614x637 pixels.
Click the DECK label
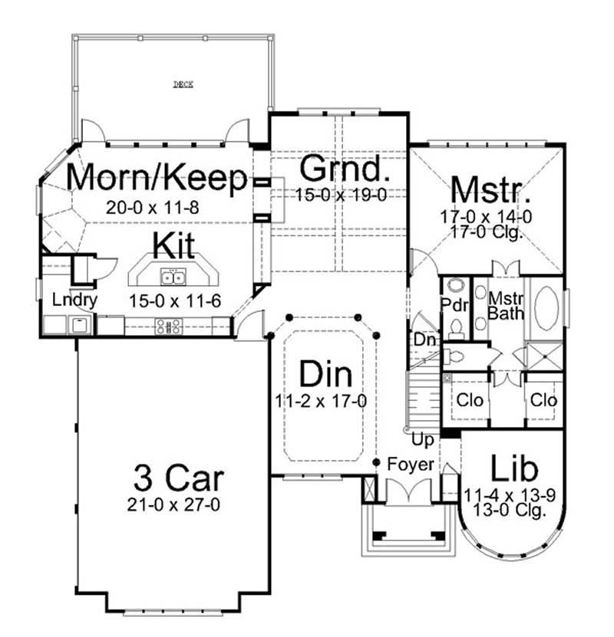pos(182,85)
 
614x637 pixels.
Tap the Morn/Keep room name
pos(158,178)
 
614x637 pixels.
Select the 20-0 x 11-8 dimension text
pos(153,206)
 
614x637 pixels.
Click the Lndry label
pos(74,300)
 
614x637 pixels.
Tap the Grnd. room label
pos(340,167)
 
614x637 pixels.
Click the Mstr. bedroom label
pos(487,189)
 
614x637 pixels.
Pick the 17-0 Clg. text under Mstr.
pos(487,233)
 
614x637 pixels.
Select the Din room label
pos(325,375)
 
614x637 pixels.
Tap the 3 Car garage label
pos(179,478)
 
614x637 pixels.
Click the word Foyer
pos(411,465)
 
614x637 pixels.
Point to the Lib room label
pos(514,468)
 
